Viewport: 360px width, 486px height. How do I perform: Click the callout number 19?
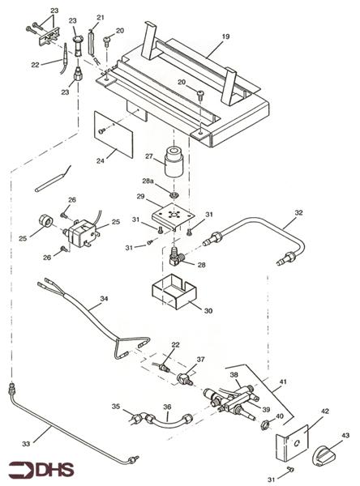click(226, 36)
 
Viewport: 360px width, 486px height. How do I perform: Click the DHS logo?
click(41, 468)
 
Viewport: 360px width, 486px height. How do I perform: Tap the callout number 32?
click(298, 213)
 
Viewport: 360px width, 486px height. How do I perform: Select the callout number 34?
click(103, 299)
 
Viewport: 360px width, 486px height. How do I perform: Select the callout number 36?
click(167, 407)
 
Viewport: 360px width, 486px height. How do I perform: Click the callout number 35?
click(116, 407)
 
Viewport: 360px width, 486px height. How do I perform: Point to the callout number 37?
click(200, 360)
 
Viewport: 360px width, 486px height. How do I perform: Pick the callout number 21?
click(101, 17)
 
